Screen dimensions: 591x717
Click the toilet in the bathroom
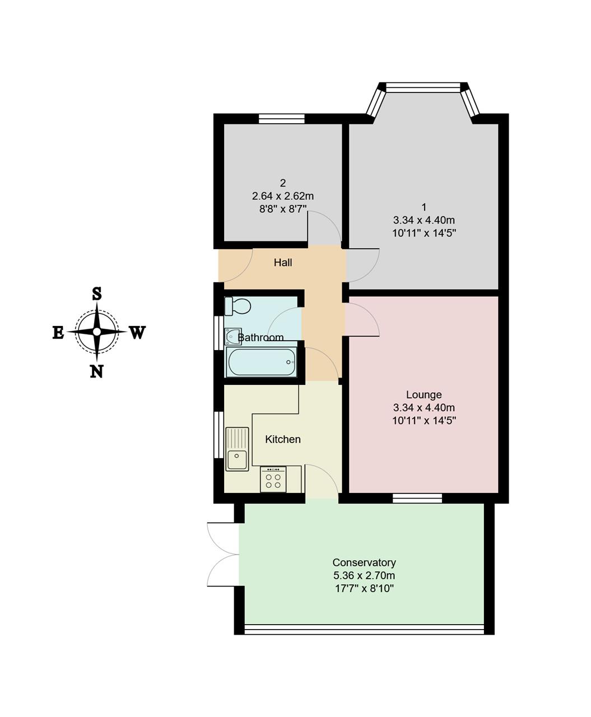point(238,306)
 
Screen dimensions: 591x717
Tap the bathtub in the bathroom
point(261,362)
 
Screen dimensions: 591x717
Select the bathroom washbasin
point(232,336)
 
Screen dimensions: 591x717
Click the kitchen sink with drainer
point(237,449)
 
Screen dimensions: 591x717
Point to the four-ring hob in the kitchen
point(273,479)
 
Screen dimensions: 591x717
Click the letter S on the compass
point(97,294)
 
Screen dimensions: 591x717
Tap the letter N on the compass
point(96,371)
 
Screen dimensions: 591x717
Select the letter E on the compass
point(58,332)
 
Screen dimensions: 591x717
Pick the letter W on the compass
point(137,332)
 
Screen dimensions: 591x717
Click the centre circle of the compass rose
point(97,332)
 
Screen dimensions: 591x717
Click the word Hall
point(283,263)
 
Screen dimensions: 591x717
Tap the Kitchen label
point(283,439)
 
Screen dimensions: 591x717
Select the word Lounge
point(424,395)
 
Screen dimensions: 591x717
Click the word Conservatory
point(364,562)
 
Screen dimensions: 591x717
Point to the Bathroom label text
point(260,338)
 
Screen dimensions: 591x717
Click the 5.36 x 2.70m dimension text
point(364,575)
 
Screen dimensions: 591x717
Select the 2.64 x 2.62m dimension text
point(283,196)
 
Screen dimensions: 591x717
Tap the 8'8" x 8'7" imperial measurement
point(283,209)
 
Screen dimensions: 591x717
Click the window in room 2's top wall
point(282,119)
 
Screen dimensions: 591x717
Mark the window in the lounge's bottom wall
point(417,498)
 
